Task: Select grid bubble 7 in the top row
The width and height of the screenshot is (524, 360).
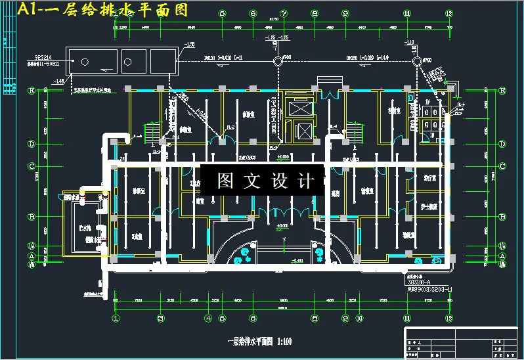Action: tap(284, 12)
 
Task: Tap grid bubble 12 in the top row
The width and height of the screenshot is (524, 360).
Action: tap(449, 12)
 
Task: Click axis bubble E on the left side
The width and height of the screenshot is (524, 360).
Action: tap(31, 91)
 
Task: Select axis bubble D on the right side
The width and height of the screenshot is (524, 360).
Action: tap(502, 143)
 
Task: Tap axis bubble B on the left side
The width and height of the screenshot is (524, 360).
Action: tap(31, 217)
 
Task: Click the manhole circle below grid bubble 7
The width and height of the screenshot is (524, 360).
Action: tap(278, 61)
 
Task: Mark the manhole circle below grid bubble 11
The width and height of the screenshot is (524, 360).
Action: tap(416, 61)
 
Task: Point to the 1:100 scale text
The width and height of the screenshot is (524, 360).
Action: tap(284, 342)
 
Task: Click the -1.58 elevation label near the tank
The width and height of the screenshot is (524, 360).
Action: tap(190, 44)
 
